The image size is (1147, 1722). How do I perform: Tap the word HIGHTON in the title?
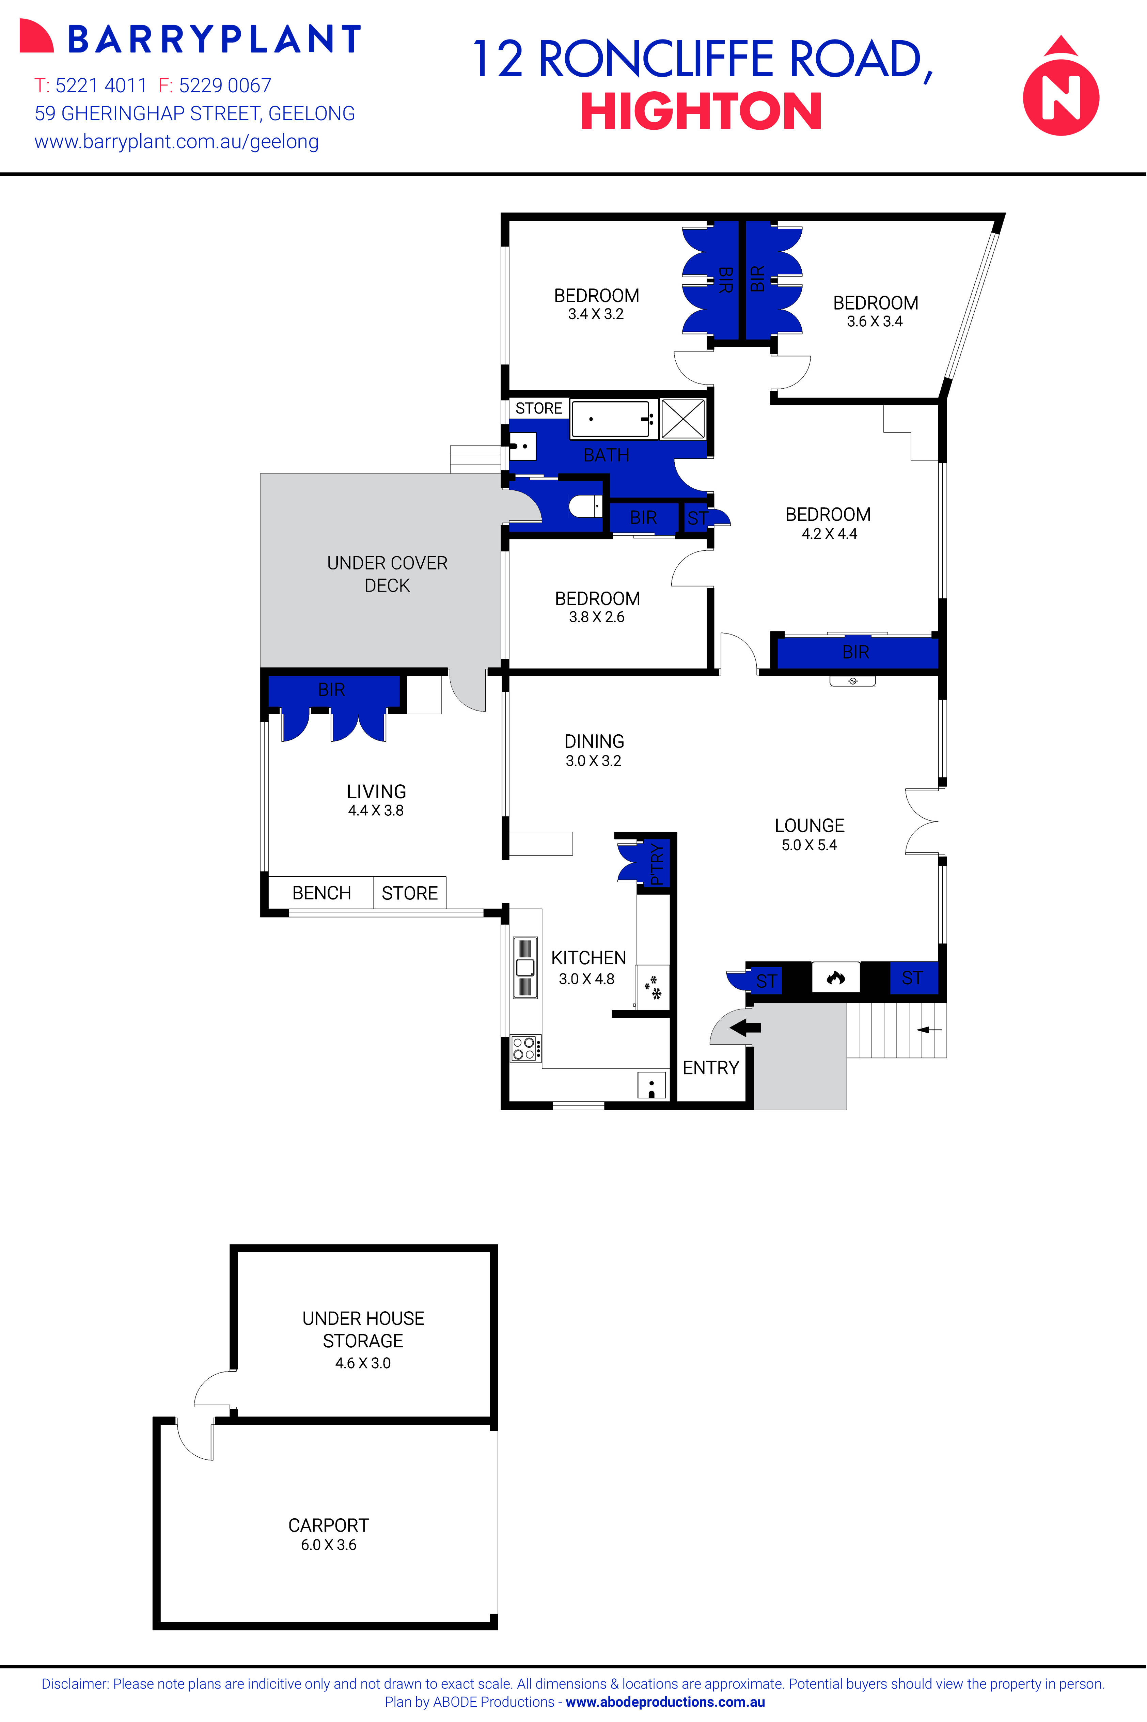point(701,112)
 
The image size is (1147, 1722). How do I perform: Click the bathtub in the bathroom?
point(610,419)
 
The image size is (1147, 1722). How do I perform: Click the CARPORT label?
point(328,1525)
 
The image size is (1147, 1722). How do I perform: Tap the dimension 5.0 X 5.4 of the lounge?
point(809,845)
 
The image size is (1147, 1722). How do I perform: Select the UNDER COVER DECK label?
point(387,574)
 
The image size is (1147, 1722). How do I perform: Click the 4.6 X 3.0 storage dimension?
point(363,1363)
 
